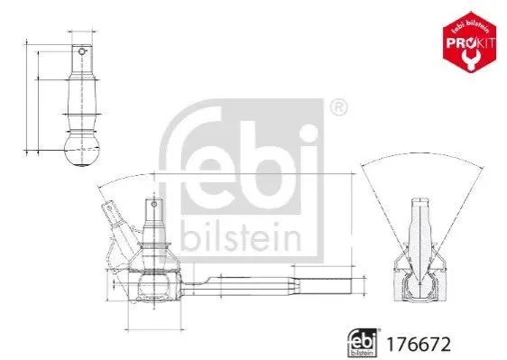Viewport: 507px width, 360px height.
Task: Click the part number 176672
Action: [x=419, y=345]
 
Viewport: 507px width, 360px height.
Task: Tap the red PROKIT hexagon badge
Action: [x=469, y=42]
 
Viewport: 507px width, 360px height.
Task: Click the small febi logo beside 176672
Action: [x=363, y=343]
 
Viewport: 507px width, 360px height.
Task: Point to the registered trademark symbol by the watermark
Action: [x=338, y=107]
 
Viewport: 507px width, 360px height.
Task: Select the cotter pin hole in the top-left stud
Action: [x=82, y=51]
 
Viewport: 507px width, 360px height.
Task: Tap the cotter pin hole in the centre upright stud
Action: [x=154, y=204]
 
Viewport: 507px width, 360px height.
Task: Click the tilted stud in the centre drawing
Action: [x=118, y=228]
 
